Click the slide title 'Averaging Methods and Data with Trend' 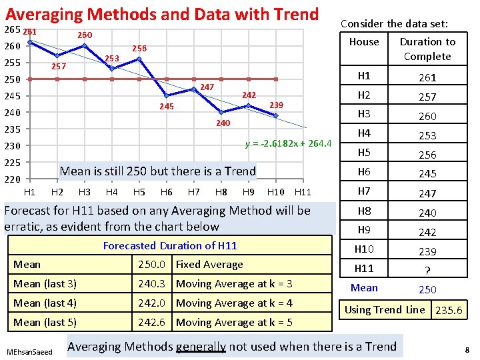162,13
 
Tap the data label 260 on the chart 85,35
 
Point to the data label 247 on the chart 207,87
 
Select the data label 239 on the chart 276,105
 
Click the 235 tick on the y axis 13,129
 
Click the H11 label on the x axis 303,192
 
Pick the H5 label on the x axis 139,192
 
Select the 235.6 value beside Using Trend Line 448,310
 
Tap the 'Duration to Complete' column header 427,49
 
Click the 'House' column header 364,41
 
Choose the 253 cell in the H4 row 427,135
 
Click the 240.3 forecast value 151,283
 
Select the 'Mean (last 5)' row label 45,322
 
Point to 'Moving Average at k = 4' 234,303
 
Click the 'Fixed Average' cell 209,264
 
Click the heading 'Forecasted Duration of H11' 170,245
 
